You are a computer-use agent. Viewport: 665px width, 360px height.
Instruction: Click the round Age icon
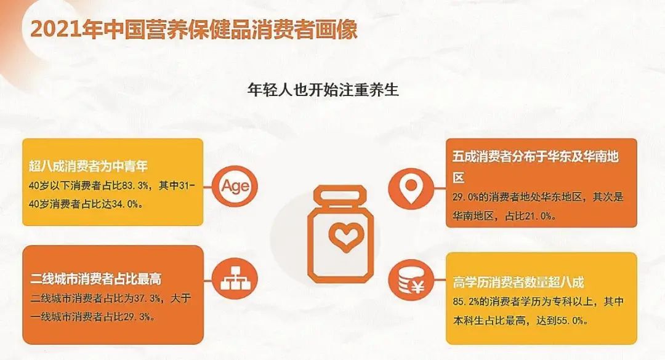[x=235, y=186]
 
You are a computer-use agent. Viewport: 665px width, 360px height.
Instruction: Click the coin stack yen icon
[x=411, y=282]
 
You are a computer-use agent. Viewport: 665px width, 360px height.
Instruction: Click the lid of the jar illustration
[x=340, y=196]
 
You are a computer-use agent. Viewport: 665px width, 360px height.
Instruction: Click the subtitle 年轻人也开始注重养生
[x=323, y=90]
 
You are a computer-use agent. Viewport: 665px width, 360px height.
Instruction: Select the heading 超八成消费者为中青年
[x=88, y=166]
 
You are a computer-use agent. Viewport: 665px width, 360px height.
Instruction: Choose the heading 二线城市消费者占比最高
[x=95, y=279]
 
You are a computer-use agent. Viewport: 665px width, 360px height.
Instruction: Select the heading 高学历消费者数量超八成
[x=518, y=282]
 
